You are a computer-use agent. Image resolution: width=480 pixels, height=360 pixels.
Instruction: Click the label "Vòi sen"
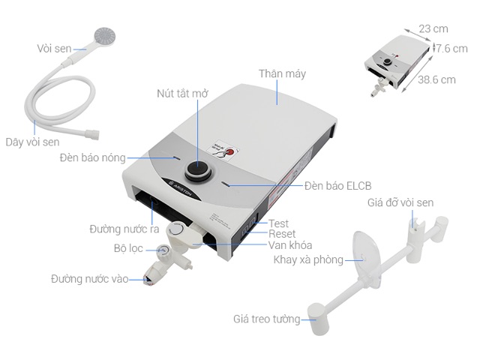(x=53, y=49)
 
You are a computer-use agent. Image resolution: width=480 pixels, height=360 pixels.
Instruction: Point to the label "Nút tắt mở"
(x=182, y=94)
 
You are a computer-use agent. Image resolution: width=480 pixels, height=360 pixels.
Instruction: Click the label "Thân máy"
(x=282, y=74)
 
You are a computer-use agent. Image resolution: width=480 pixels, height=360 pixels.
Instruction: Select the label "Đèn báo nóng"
(x=93, y=158)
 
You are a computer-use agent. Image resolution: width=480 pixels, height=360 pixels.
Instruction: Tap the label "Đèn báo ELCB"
(x=338, y=185)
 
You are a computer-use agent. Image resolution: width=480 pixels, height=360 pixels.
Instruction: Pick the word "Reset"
(x=282, y=234)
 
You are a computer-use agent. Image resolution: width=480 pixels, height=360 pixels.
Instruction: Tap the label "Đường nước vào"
(x=88, y=278)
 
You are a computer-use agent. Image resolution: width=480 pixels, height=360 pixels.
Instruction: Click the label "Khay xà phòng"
(x=308, y=260)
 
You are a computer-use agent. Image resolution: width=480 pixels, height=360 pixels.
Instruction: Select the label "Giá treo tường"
(x=266, y=319)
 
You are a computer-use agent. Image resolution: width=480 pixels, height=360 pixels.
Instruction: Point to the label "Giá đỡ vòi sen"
(x=400, y=203)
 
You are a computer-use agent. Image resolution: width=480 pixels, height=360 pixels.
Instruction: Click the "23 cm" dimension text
(x=433, y=28)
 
